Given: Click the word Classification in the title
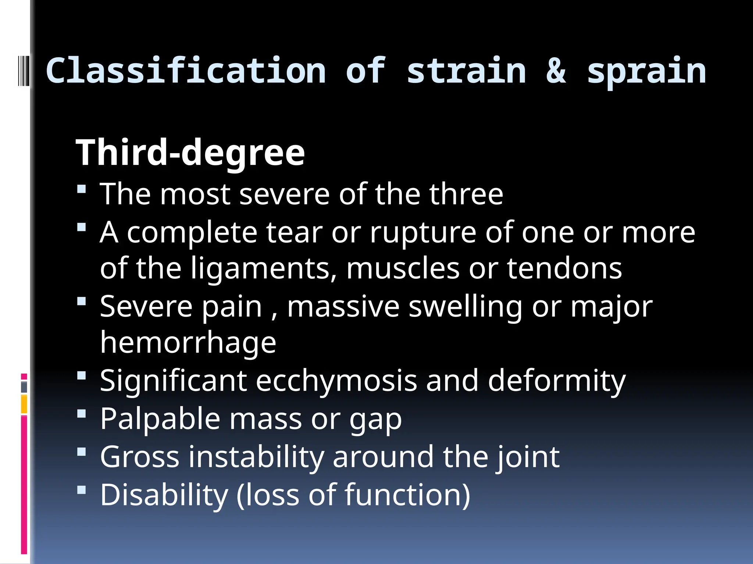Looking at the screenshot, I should click(186, 70).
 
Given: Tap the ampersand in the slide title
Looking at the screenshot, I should click(556, 70).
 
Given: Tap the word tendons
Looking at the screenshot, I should click(564, 268).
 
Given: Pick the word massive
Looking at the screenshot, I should click(343, 307).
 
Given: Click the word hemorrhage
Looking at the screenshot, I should click(188, 343).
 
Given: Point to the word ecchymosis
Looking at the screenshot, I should click(336, 381).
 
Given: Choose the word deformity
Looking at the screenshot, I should click(557, 382).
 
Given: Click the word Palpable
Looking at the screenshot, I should click(160, 419).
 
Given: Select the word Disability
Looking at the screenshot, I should click(164, 495).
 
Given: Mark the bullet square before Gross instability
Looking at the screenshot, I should click(82, 451).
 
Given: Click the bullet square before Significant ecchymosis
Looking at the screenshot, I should click(82, 376).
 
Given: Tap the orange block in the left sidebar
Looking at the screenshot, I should click(24, 404).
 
